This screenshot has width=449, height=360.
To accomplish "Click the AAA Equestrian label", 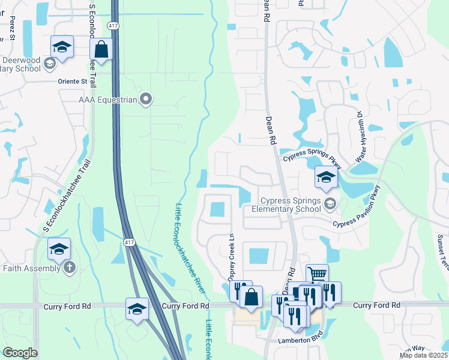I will [107, 100].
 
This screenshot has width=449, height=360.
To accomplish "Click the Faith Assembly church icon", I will [70, 268].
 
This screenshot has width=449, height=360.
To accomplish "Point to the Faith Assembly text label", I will [31, 268].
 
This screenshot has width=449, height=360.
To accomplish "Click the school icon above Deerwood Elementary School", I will [62, 46].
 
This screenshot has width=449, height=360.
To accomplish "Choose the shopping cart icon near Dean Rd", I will [317, 274].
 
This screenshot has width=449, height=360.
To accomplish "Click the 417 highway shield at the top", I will [113, 26].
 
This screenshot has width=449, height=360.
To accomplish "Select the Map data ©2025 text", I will [424, 355].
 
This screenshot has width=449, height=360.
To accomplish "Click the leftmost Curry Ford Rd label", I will [67, 306].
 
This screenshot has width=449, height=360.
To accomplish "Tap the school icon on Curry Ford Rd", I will [137, 309].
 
